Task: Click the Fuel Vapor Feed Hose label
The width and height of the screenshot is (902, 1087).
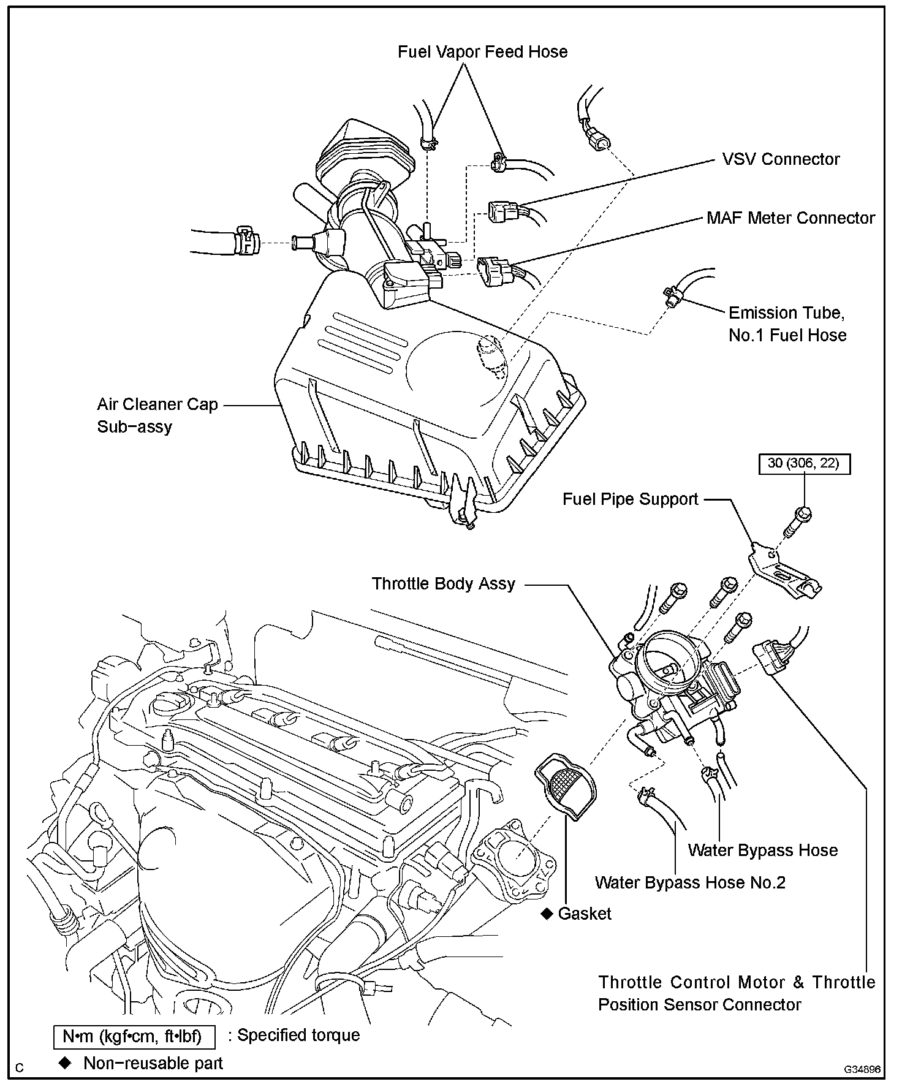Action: (482, 52)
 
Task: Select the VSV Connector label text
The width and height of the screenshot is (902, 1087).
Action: (781, 159)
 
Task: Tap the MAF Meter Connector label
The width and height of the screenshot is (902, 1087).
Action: (790, 218)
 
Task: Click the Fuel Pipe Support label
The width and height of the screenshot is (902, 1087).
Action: (630, 499)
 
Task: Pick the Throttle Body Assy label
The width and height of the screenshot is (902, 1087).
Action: (443, 583)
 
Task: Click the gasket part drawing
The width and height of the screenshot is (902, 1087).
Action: (567, 791)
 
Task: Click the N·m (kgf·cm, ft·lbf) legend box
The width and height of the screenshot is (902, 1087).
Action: (135, 1037)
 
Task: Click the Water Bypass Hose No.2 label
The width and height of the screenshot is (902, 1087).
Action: (690, 882)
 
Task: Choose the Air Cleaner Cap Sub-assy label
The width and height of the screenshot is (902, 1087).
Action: (157, 415)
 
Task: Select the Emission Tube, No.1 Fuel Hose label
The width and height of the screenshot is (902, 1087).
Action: (787, 324)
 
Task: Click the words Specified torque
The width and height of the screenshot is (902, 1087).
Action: (298, 1036)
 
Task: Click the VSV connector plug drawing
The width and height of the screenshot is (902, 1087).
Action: (502, 213)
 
